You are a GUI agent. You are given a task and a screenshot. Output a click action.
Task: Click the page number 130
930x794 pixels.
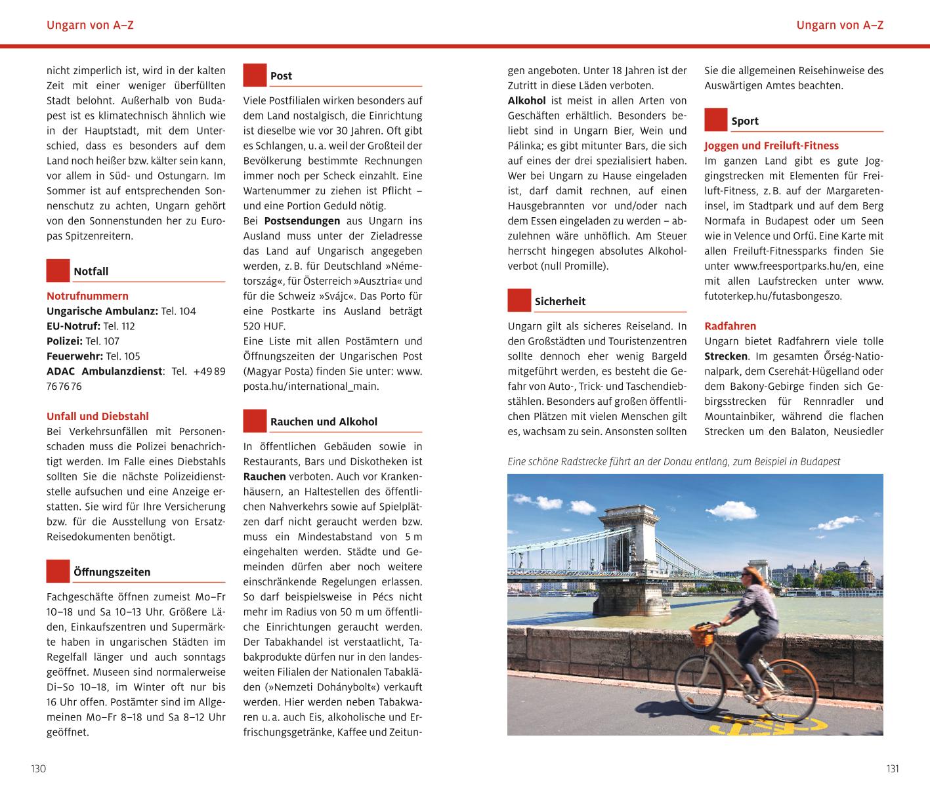pos(38,769)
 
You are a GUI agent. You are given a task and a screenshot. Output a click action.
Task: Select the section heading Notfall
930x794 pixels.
pos(91,272)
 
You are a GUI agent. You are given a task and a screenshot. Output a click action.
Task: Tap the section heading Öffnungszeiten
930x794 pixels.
pos(112,572)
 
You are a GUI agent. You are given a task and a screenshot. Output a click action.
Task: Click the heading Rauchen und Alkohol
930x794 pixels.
pos(324,422)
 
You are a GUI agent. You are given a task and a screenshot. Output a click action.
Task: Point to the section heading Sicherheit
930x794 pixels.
pos(560,302)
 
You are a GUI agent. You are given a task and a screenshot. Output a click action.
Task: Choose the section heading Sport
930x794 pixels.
pos(745,121)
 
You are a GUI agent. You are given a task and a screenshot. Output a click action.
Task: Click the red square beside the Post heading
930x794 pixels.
pos(255,75)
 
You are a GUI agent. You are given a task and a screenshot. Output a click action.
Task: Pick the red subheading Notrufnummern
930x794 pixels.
pos(87,296)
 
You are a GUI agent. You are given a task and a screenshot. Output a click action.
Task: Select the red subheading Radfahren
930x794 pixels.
pos(730,326)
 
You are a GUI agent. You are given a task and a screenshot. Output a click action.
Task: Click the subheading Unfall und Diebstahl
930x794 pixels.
pos(97,416)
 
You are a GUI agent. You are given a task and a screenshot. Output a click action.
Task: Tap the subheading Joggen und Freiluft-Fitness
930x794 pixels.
pos(771,146)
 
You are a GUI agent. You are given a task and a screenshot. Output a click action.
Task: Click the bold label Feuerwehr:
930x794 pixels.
pos(75,356)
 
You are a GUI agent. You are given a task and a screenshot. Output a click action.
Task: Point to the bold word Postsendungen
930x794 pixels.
pos(302,221)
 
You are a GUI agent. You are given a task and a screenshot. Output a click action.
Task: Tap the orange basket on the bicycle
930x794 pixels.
pos(702,635)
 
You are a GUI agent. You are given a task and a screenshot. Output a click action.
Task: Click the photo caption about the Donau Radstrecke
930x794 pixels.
pos(673,462)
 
